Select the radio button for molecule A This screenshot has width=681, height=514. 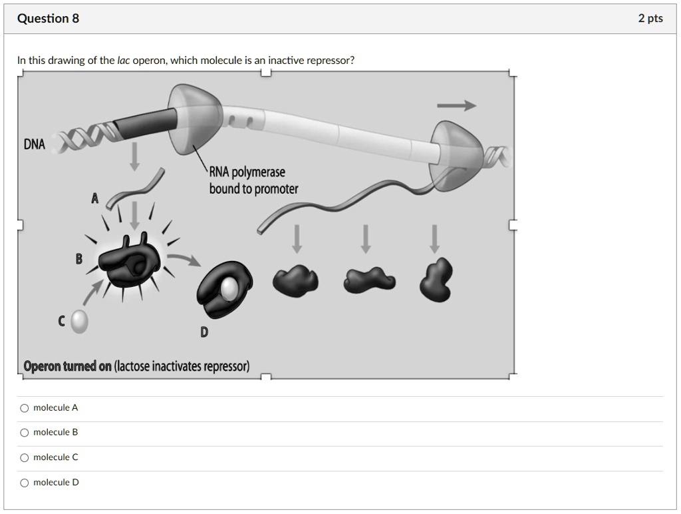(25, 407)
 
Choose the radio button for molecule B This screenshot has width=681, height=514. (25, 433)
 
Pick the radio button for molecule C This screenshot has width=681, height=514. (25, 457)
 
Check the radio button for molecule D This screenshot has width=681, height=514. (25, 483)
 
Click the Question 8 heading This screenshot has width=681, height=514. (48, 19)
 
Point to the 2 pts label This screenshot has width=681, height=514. (650, 19)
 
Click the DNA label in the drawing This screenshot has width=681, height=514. (35, 144)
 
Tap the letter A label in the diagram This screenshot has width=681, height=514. (94, 198)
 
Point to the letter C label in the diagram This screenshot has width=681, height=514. (62, 322)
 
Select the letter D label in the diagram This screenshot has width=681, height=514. (204, 332)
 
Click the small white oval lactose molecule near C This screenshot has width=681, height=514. (79, 322)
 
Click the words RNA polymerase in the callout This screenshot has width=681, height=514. (247, 173)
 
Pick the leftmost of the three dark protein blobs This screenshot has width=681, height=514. (295, 280)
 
